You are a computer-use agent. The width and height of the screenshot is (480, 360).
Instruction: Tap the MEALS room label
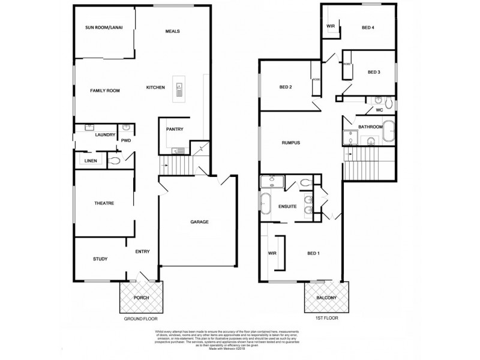[172, 31]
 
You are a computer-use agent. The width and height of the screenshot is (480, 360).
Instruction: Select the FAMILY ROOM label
[105, 91]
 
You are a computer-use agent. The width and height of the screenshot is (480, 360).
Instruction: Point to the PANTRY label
[175, 129]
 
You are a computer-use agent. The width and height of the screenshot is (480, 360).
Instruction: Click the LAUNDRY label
[104, 136]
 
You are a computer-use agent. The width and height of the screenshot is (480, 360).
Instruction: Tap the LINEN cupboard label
[91, 161]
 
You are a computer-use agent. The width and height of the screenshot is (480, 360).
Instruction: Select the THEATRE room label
[104, 203]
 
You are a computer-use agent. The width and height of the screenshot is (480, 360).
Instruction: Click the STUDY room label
[100, 259]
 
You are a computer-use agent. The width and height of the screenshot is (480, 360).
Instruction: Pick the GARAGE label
[200, 222]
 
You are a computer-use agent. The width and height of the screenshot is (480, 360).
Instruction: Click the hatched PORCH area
[142, 297]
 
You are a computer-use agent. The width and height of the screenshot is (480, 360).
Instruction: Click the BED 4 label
[368, 28]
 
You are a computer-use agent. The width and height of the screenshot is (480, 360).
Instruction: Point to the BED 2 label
[286, 88]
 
